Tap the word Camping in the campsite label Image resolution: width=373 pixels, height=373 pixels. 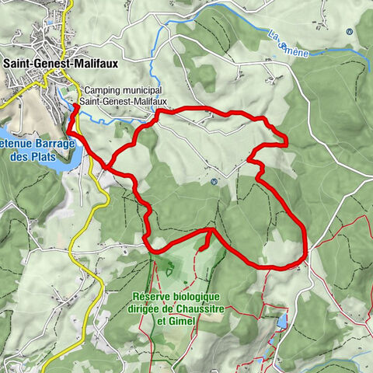click(103, 89)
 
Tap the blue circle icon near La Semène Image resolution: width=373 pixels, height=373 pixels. click(350, 32)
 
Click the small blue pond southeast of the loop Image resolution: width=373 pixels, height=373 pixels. click(281, 321)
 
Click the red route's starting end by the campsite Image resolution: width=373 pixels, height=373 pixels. click(75, 108)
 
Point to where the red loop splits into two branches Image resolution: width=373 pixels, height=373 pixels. click(109, 165)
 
